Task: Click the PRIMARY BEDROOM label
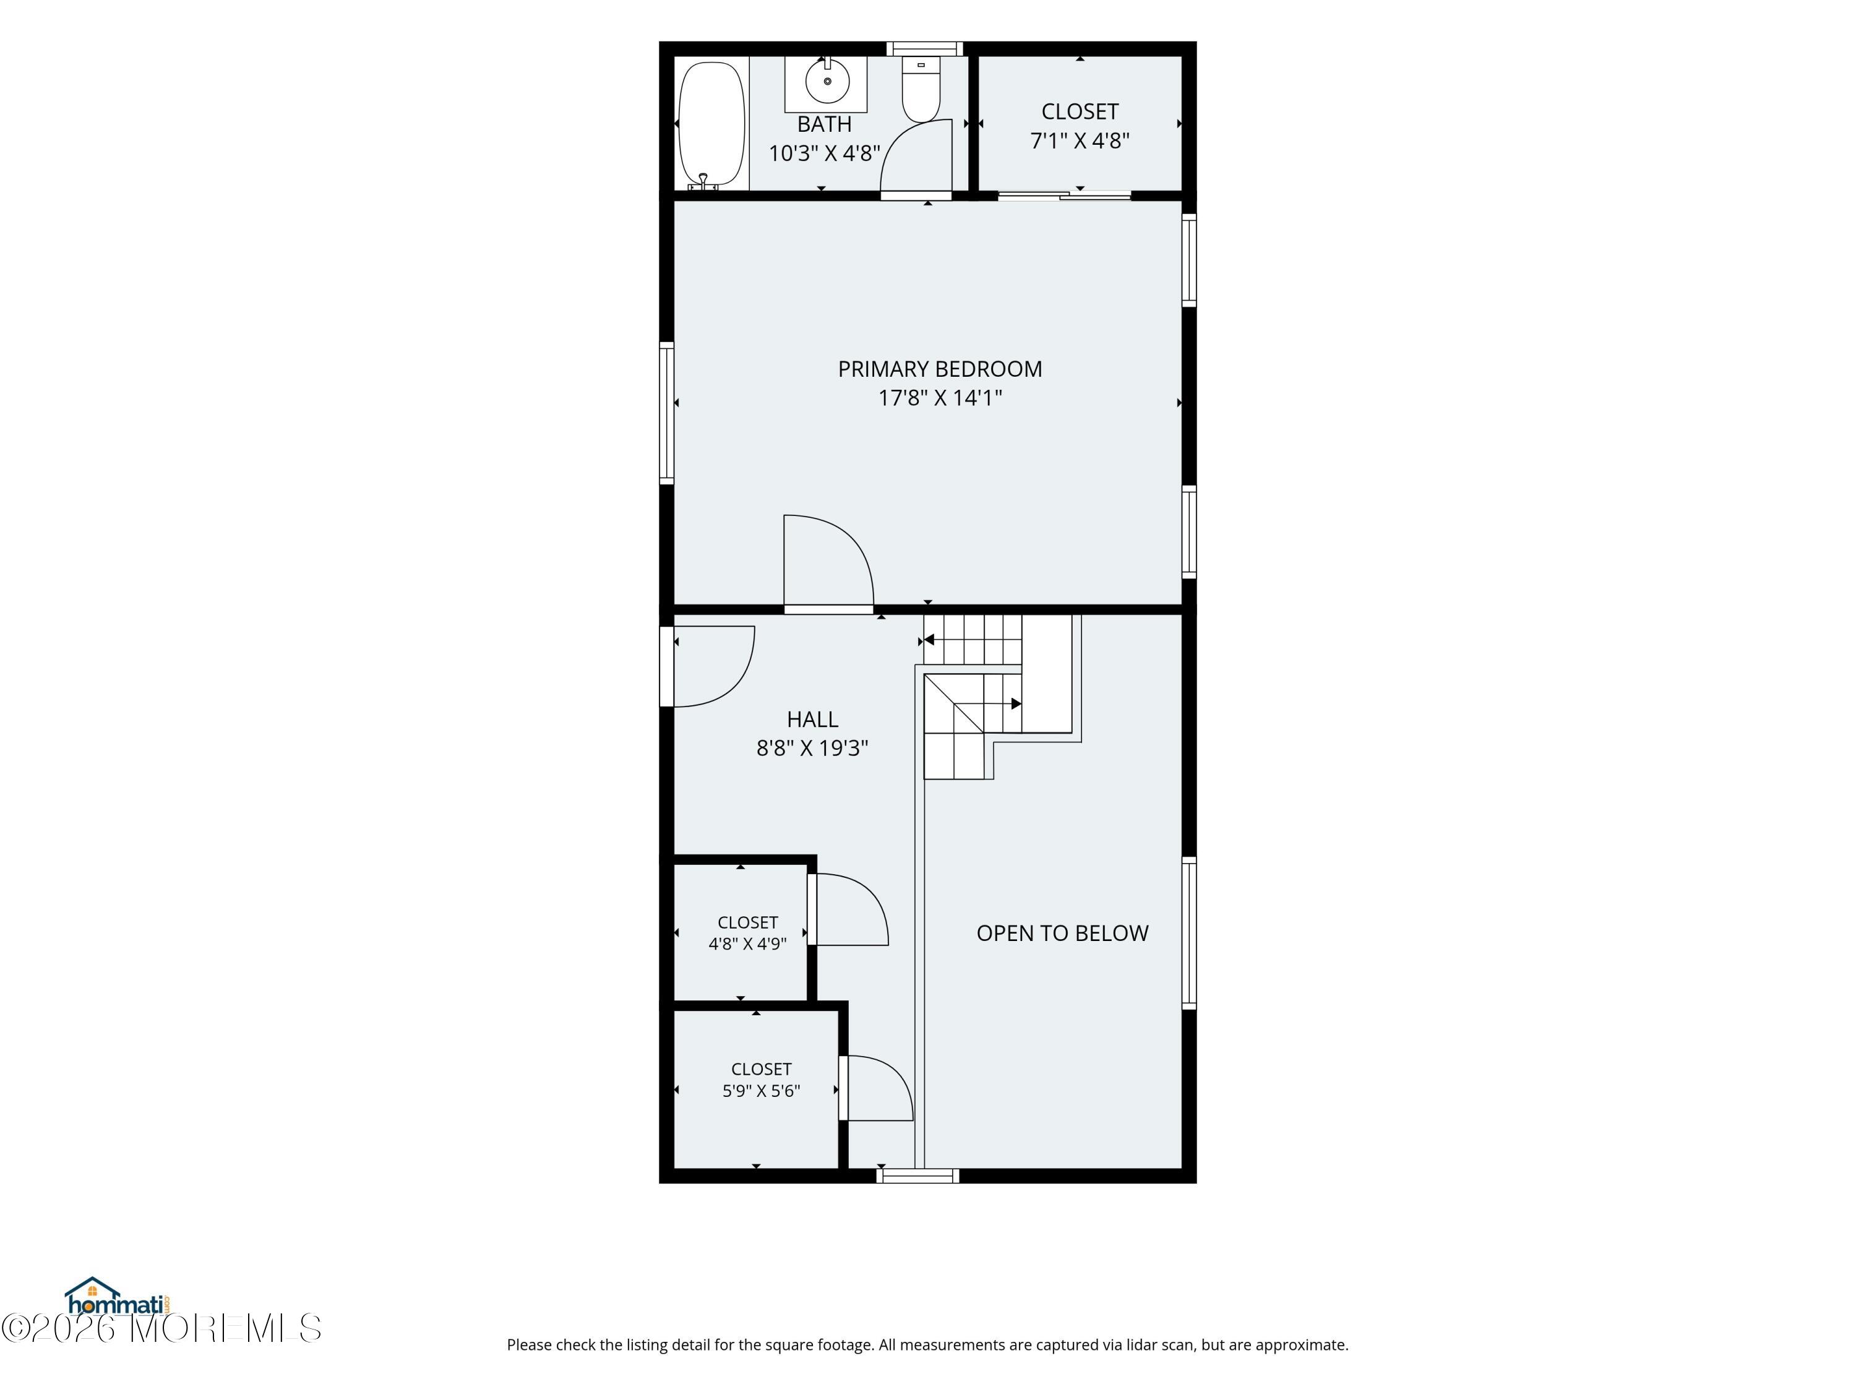[940, 369]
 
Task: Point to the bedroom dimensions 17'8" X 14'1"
[940, 398]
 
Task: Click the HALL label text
[812, 719]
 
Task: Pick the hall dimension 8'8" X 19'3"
[812, 747]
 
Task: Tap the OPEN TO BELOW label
[1062, 933]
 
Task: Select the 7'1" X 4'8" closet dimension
[1080, 140]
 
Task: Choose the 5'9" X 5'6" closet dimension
[761, 1091]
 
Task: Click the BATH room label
[824, 124]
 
